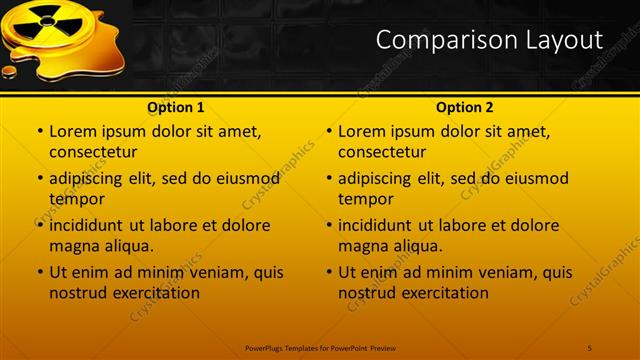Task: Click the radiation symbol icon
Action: [x=47, y=22]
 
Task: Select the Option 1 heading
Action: [x=176, y=107]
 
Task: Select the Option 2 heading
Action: [x=465, y=107]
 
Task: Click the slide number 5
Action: [x=590, y=347]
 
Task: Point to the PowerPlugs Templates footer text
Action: [x=319, y=347]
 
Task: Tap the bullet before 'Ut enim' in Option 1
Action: [x=39, y=272]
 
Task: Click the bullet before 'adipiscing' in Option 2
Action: [x=328, y=179]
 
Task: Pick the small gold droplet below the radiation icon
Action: [x=10, y=71]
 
